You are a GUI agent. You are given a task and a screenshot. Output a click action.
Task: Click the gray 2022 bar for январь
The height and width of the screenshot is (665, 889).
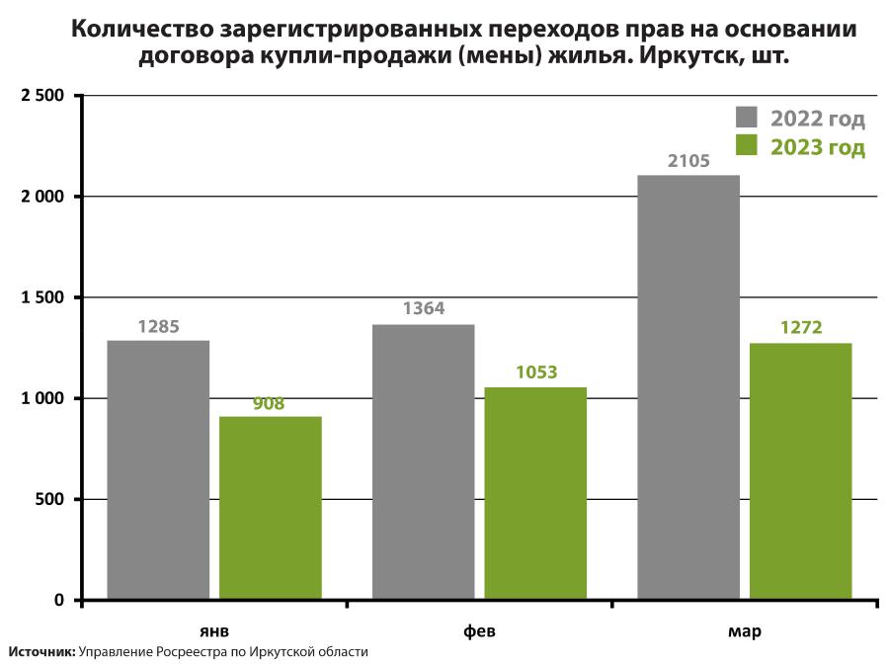pos(158,469)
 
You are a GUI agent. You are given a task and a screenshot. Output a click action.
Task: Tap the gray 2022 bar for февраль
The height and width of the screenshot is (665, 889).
pos(423,461)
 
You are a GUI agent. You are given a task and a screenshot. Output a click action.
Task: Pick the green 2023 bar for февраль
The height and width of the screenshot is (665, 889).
pos(535,493)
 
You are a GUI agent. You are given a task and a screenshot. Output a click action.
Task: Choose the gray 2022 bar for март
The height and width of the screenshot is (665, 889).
pos(688,386)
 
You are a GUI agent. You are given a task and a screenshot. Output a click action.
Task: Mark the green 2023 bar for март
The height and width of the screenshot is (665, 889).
pos(801,470)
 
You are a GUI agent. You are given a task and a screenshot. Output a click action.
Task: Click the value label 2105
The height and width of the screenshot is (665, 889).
pos(688,161)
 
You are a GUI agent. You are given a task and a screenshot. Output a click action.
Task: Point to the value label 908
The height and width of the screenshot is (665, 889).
pos(269,403)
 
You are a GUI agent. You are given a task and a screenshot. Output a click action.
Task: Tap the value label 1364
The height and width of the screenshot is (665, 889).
pos(424,309)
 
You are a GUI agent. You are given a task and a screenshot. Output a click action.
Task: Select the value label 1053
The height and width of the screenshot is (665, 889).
pos(536,373)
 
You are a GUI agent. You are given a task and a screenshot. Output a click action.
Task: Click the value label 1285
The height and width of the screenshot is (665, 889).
pos(158,326)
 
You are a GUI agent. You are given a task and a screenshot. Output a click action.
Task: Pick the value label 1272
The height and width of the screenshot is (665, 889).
pos(801,328)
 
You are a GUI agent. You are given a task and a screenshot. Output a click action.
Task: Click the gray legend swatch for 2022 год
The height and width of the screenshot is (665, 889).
pos(746,118)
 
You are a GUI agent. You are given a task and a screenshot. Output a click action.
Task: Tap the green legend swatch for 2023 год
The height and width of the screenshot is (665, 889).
pos(746,146)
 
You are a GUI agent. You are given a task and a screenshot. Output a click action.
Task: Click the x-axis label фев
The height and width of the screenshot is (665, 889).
pos(479,630)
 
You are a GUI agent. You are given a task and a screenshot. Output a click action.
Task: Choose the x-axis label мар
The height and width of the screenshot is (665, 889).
pos(745,630)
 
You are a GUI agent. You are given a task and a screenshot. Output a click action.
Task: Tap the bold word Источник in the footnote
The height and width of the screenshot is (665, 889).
pos(40,652)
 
